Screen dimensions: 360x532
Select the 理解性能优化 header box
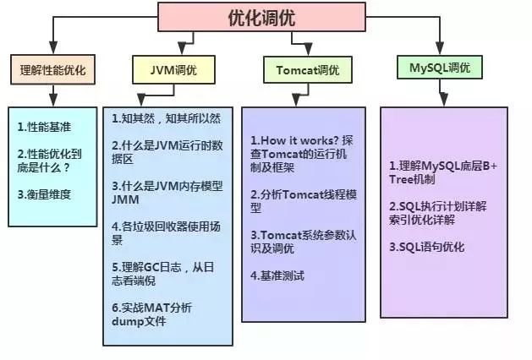(53, 70)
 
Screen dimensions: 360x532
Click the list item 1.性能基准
(43, 127)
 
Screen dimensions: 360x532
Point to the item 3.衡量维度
(43, 193)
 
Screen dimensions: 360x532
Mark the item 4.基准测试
(277, 275)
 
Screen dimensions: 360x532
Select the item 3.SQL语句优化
(427, 247)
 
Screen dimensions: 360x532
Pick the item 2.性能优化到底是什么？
(50, 160)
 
